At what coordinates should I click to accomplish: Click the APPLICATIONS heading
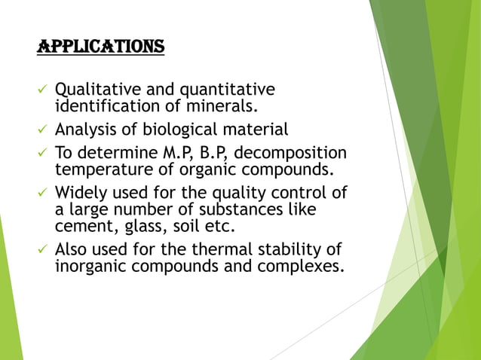(x=100, y=47)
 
